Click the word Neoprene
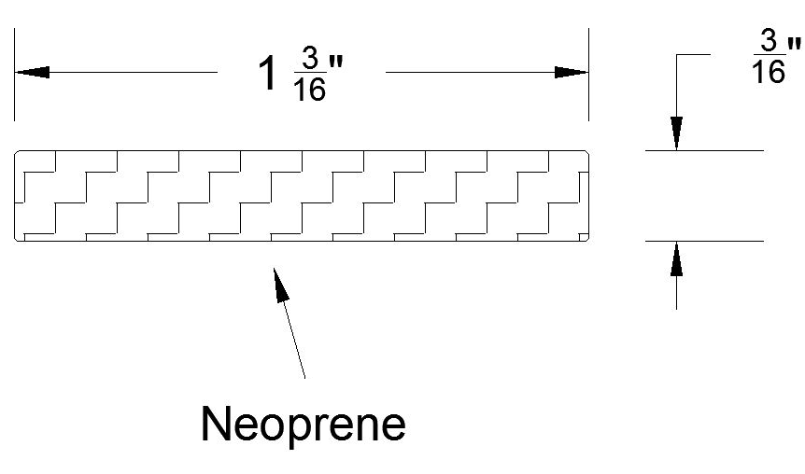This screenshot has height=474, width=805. pos(304,425)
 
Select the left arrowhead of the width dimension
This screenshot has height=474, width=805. pos(30,72)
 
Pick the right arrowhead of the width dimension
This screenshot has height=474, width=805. pos(572,72)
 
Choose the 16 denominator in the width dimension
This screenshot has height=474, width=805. pos(308,91)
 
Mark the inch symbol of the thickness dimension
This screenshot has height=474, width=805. pos(794,44)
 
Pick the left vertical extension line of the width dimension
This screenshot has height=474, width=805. pos(14,75)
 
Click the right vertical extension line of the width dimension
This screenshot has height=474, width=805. pos(588,75)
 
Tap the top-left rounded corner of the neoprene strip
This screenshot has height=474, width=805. pos(18,153)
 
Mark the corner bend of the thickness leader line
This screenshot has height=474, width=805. pos(677,55)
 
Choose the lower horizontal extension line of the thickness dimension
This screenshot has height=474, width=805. pos(705,241)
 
